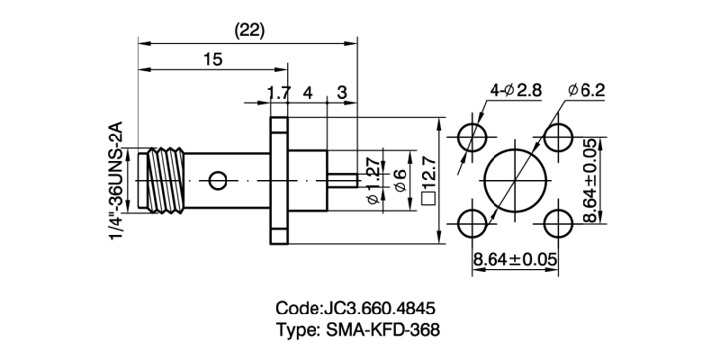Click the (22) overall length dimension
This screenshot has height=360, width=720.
(x=248, y=30)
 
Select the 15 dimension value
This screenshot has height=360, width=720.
(x=212, y=59)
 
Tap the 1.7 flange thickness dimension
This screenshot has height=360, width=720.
(x=279, y=92)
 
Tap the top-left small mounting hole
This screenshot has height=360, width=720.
(x=472, y=138)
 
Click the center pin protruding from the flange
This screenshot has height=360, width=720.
(x=339, y=181)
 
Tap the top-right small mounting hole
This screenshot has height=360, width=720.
(x=557, y=138)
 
